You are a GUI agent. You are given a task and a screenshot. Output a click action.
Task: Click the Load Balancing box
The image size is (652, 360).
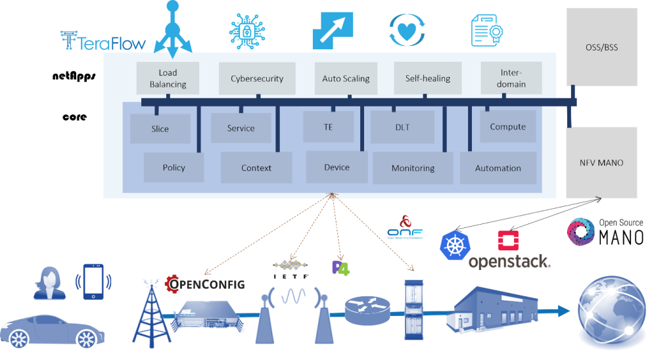168,78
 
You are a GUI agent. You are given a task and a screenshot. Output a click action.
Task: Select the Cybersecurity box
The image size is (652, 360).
257,78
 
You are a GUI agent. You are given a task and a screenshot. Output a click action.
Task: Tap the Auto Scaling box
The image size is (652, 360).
346,78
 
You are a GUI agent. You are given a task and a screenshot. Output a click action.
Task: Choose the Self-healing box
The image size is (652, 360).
427,78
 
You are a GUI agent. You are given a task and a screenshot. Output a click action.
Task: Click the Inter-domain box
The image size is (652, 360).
512,78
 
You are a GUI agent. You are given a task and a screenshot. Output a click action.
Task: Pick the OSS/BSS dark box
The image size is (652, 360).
602,47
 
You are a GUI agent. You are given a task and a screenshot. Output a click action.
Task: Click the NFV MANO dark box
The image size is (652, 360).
601,162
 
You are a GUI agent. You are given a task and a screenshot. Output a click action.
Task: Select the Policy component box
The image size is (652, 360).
174,168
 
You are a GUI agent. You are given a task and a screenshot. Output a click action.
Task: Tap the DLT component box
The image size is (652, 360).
402,127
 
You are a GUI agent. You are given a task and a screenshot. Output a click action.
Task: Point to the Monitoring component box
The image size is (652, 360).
413,168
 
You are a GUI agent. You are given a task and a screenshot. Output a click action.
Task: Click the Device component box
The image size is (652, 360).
337,167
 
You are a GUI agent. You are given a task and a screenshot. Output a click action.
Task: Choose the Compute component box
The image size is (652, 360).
507,126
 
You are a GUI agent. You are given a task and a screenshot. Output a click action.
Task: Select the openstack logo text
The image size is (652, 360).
509,261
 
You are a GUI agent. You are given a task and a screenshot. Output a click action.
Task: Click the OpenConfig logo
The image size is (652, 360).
204,284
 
